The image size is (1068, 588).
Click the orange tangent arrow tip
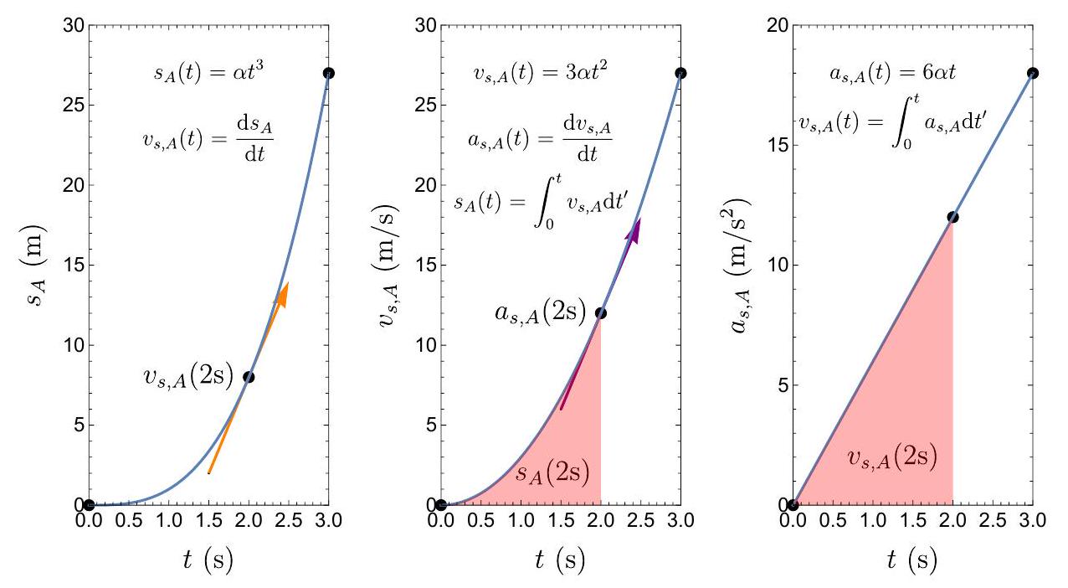(x=287, y=285)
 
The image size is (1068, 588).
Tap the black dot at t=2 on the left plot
(x=249, y=377)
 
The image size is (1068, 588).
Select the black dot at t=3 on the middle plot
(x=680, y=73)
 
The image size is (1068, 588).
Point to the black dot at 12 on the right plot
(x=952, y=217)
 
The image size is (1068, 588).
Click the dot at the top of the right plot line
(x=1033, y=73)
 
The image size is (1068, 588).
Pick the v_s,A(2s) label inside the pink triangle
(x=891, y=457)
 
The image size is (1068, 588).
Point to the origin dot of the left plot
(x=89, y=504)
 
